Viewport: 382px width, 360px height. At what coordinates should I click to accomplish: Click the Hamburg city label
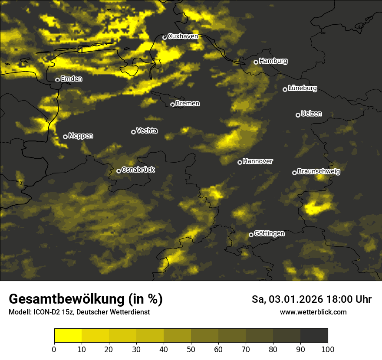coord(273,61)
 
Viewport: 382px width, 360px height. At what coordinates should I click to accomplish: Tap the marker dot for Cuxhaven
coord(165,37)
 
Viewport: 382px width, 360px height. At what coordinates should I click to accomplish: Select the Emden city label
coord(71,79)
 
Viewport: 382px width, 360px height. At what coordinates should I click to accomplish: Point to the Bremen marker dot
coord(172,105)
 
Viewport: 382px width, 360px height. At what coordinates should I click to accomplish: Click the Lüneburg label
coord(303,88)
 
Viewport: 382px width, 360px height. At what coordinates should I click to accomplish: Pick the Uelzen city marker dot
coord(298,115)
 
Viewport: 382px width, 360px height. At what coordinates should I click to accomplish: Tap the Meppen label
coord(81,136)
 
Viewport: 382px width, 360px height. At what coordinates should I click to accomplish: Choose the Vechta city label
coord(147,131)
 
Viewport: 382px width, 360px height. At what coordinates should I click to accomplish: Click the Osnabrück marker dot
coord(119,171)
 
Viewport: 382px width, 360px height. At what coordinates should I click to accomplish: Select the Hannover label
coord(258,161)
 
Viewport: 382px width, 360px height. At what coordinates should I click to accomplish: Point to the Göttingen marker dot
coord(251,235)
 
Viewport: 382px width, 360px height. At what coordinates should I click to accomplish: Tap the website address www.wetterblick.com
coord(313,312)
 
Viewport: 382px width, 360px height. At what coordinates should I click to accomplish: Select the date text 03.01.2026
coord(294,299)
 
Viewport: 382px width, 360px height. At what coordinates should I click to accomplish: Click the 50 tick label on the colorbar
coord(191,349)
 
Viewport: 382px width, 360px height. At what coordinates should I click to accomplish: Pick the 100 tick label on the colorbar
coord(328,349)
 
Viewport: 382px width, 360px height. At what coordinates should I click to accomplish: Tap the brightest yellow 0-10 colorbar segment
coord(68,336)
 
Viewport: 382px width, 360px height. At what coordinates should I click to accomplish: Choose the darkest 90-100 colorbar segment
coord(314,336)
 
